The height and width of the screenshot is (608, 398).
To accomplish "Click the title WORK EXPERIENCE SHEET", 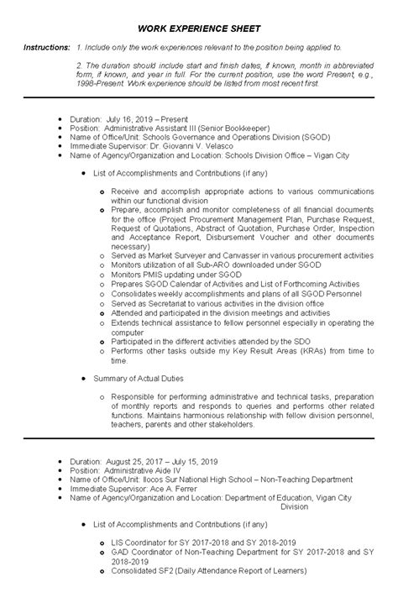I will [x=199, y=28].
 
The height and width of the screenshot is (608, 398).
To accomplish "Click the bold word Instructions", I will [x=46, y=50].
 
